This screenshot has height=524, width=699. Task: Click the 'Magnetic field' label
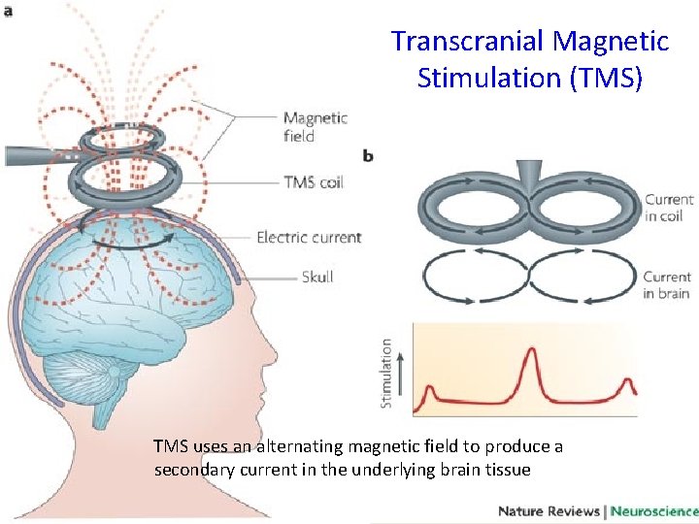(x=315, y=127)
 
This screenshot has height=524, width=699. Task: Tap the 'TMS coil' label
(x=313, y=181)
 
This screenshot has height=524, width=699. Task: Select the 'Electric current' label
(x=309, y=237)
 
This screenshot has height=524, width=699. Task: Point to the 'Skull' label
(x=317, y=277)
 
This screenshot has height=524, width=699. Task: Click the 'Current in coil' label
(x=669, y=208)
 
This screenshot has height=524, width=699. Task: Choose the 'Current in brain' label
(x=667, y=285)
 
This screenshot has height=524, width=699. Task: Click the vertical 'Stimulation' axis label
(x=387, y=373)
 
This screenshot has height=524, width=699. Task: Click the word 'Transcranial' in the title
(x=467, y=42)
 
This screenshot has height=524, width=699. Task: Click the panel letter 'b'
(x=368, y=155)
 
